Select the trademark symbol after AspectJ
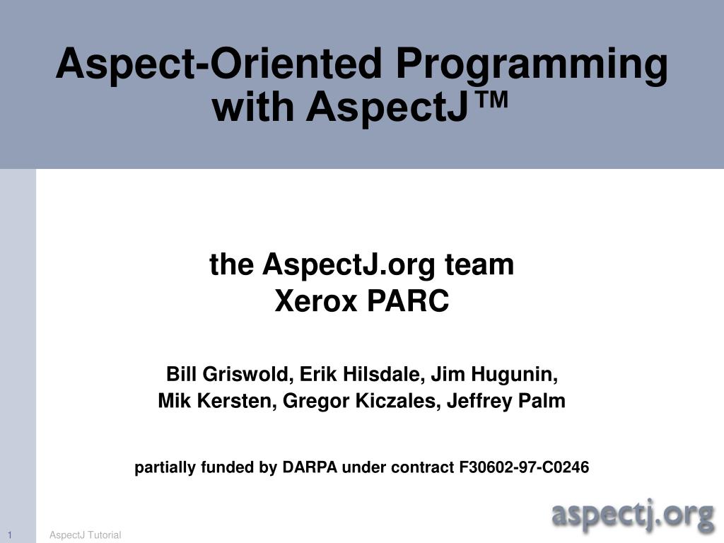tap(488, 103)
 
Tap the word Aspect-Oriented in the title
tap(219, 64)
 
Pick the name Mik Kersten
tap(216, 402)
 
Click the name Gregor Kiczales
tap(361, 402)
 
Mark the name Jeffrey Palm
tap(506, 402)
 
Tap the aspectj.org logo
tap(632, 515)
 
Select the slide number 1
tap(12, 535)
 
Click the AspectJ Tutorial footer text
tap(86, 535)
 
